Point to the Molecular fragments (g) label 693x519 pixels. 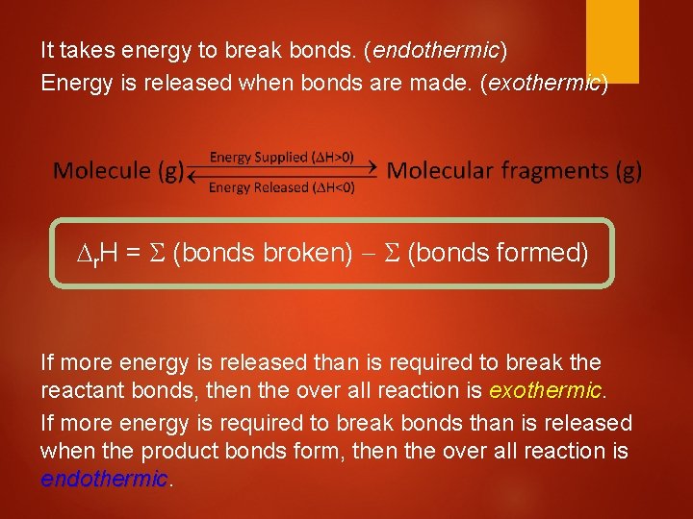click(x=513, y=171)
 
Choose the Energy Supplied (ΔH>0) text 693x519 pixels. click(x=282, y=157)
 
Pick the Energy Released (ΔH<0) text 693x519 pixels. click(x=282, y=187)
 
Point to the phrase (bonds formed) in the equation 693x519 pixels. click(x=498, y=254)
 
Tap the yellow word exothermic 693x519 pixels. click(x=545, y=391)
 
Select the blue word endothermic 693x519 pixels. click(x=104, y=479)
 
